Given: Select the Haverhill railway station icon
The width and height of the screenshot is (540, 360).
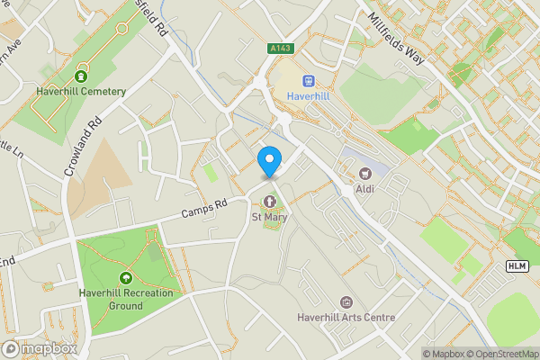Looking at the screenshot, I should pyautogui.click(x=308, y=80).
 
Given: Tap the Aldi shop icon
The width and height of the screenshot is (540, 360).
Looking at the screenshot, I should pyautogui.click(x=364, y=173).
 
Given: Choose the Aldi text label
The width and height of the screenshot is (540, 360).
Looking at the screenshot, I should pyautogui.click(x=364, y=189).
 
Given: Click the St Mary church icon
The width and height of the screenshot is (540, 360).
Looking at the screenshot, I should pyautogui.click(x=269, y=200).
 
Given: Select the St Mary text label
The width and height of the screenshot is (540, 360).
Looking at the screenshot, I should pyautogui.click(x=269, y=216).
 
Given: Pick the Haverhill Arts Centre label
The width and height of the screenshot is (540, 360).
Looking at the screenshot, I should pyautogui.click(x=346, y=318).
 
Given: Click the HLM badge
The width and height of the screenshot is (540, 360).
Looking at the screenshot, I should pyautogui.click(x=517, y=265).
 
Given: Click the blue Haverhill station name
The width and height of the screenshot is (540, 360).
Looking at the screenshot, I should pyautogui.click(x=308, y=96).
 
